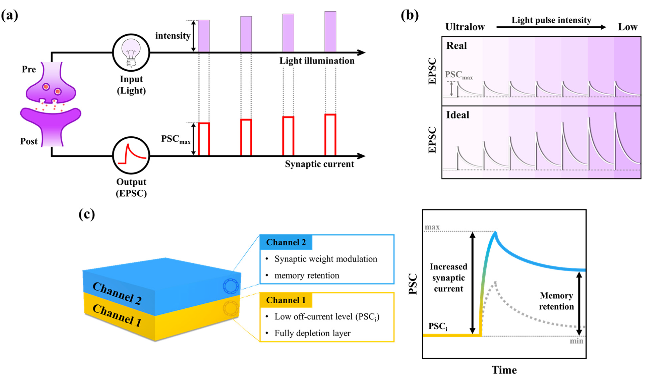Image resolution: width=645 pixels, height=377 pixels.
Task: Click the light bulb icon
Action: [x=131, y=53]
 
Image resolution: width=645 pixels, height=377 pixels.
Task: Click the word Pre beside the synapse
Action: [x=29, y=69]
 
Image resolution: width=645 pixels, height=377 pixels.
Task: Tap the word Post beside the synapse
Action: [x=29, y=141]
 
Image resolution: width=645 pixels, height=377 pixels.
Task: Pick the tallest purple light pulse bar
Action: [x=330, y=32]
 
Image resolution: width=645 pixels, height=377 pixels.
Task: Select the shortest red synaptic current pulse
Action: [x=204, y=139]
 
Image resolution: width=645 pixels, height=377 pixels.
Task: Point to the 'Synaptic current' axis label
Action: [x=319, y=164]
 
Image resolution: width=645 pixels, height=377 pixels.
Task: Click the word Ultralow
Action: [x=465, y=27]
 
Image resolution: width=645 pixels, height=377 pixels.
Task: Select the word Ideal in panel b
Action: [x=458, y=115]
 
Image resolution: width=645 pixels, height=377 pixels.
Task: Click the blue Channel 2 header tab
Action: [x=286, y=242]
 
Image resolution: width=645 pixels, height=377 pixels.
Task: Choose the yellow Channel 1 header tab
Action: [x=286, y=300]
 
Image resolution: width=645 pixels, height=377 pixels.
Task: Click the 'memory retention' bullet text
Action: [x=307, y=276]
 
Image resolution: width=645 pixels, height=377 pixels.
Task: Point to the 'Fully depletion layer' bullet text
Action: [x=312, y=333]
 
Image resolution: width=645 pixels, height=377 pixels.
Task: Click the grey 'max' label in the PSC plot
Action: [x=432, y=227]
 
